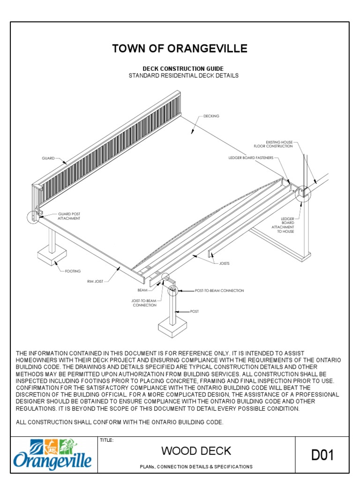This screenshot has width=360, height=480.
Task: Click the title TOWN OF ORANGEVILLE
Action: (x=180, y=49)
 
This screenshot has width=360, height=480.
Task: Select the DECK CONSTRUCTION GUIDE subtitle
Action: (x=180, y=69)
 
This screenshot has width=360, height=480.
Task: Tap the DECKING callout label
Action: (x=211, y=116)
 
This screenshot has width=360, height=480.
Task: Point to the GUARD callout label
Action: (x=48, y=158)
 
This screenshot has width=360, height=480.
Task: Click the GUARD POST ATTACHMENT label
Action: (x=69, y=216)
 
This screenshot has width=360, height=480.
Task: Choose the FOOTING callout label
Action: (x=73, y=271)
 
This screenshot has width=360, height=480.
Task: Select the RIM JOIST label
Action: (x=95, y=281)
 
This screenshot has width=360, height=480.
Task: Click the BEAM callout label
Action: (x=142, y=290)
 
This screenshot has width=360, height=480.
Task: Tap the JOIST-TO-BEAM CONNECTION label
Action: (x=144, y=302)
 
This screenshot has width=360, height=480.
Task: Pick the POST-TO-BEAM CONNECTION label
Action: (x=219, y=291)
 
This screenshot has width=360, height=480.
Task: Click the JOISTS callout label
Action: (x=225, y=263)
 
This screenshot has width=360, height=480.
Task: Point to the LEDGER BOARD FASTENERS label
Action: (x=251, y=158)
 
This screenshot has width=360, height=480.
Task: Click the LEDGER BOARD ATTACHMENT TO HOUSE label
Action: (x=287, y=225)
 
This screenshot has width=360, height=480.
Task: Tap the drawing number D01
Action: (x=322, y=455)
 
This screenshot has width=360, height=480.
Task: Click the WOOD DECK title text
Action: (x=196, y=451)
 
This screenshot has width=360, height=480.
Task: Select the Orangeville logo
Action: (x=52, y=454)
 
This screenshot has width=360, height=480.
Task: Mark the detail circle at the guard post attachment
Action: (x=34, y=217)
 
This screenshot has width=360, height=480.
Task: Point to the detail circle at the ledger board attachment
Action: (x=303, y=193)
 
